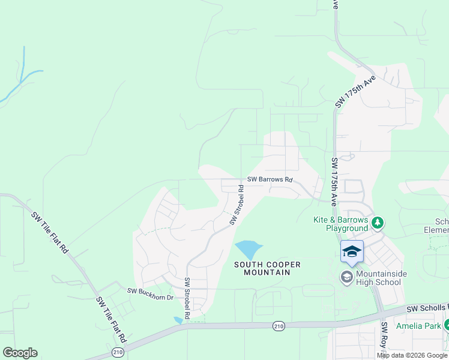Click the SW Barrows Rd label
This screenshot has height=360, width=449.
270,180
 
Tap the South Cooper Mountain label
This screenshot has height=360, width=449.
267,268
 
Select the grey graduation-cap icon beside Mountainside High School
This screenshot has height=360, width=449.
347,277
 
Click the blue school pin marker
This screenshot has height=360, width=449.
352,252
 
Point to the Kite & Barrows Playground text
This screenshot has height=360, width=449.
340,224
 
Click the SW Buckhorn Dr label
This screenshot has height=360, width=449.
150,290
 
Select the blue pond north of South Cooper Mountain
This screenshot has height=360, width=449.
248,249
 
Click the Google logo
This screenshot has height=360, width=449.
20,353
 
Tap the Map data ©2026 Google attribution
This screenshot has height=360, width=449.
412,355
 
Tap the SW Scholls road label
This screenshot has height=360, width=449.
427,308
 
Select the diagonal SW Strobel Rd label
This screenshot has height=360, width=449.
237,205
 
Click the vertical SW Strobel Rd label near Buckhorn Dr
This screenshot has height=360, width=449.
187,298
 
